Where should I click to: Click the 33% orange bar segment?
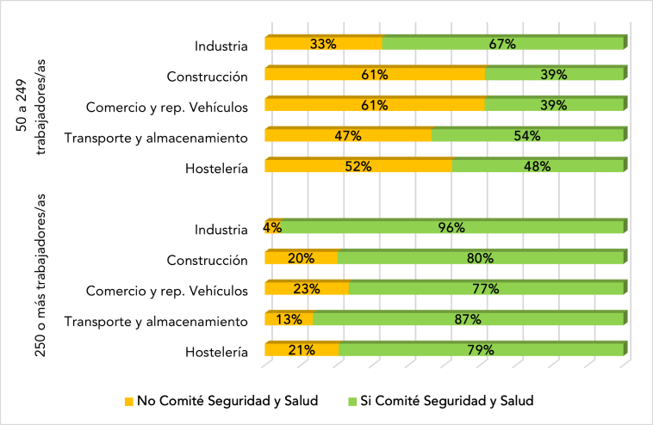click(x=323, y=45)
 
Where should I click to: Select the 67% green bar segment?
click(x=503, y=45)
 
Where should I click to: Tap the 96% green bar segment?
click(x=452, y=228)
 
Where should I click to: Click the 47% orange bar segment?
click(x=348, y=136)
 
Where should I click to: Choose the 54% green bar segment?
click(x=527, y=136)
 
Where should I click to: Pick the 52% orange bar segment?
click(x=358, y=167)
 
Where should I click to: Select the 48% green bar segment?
click(x=538, y=167)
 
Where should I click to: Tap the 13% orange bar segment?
click(x=289, y=319)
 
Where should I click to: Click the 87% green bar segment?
click(x=469, y=319)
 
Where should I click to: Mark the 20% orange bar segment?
click(x=301, y=258)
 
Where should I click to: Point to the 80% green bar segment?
click(x=481, y=258)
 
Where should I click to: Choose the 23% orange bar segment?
click(x=307, y=289)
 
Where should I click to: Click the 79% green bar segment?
click(x=482, y=350)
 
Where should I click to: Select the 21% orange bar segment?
click(x=302, y=350)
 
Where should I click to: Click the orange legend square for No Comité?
click(x=129, y=401)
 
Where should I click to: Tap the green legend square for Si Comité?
click(x=351, y=401)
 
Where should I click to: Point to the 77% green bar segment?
click(x=486, y=289)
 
